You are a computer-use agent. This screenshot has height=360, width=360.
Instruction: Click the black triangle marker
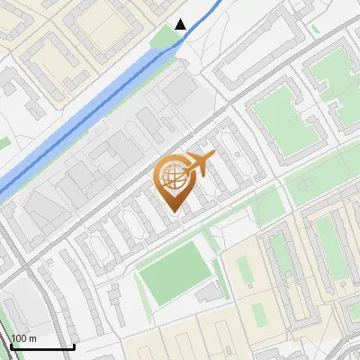click(x=181, y=24)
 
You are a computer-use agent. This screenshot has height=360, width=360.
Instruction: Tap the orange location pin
click(x=175, y=184)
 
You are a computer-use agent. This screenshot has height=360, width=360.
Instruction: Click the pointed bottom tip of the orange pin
click(x=175, y=213)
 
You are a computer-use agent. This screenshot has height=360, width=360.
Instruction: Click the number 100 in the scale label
click(x=19, y=338)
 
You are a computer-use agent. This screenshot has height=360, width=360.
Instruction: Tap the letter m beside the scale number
click(x=31, y=338)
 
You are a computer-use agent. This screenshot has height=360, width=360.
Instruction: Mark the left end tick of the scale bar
click(x=12, y=346)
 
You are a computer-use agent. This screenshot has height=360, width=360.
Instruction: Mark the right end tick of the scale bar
click(x=73, y=346)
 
